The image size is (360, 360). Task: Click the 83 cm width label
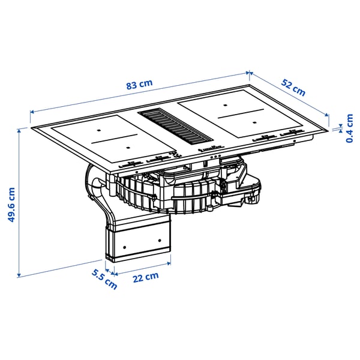click(140, 85)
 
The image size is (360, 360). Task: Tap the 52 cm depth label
click(293, 88)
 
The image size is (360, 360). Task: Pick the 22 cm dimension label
click(146, 277)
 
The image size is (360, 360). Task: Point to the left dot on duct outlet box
click(124, 247)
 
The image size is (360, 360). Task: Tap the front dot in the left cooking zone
click(127, 146)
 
